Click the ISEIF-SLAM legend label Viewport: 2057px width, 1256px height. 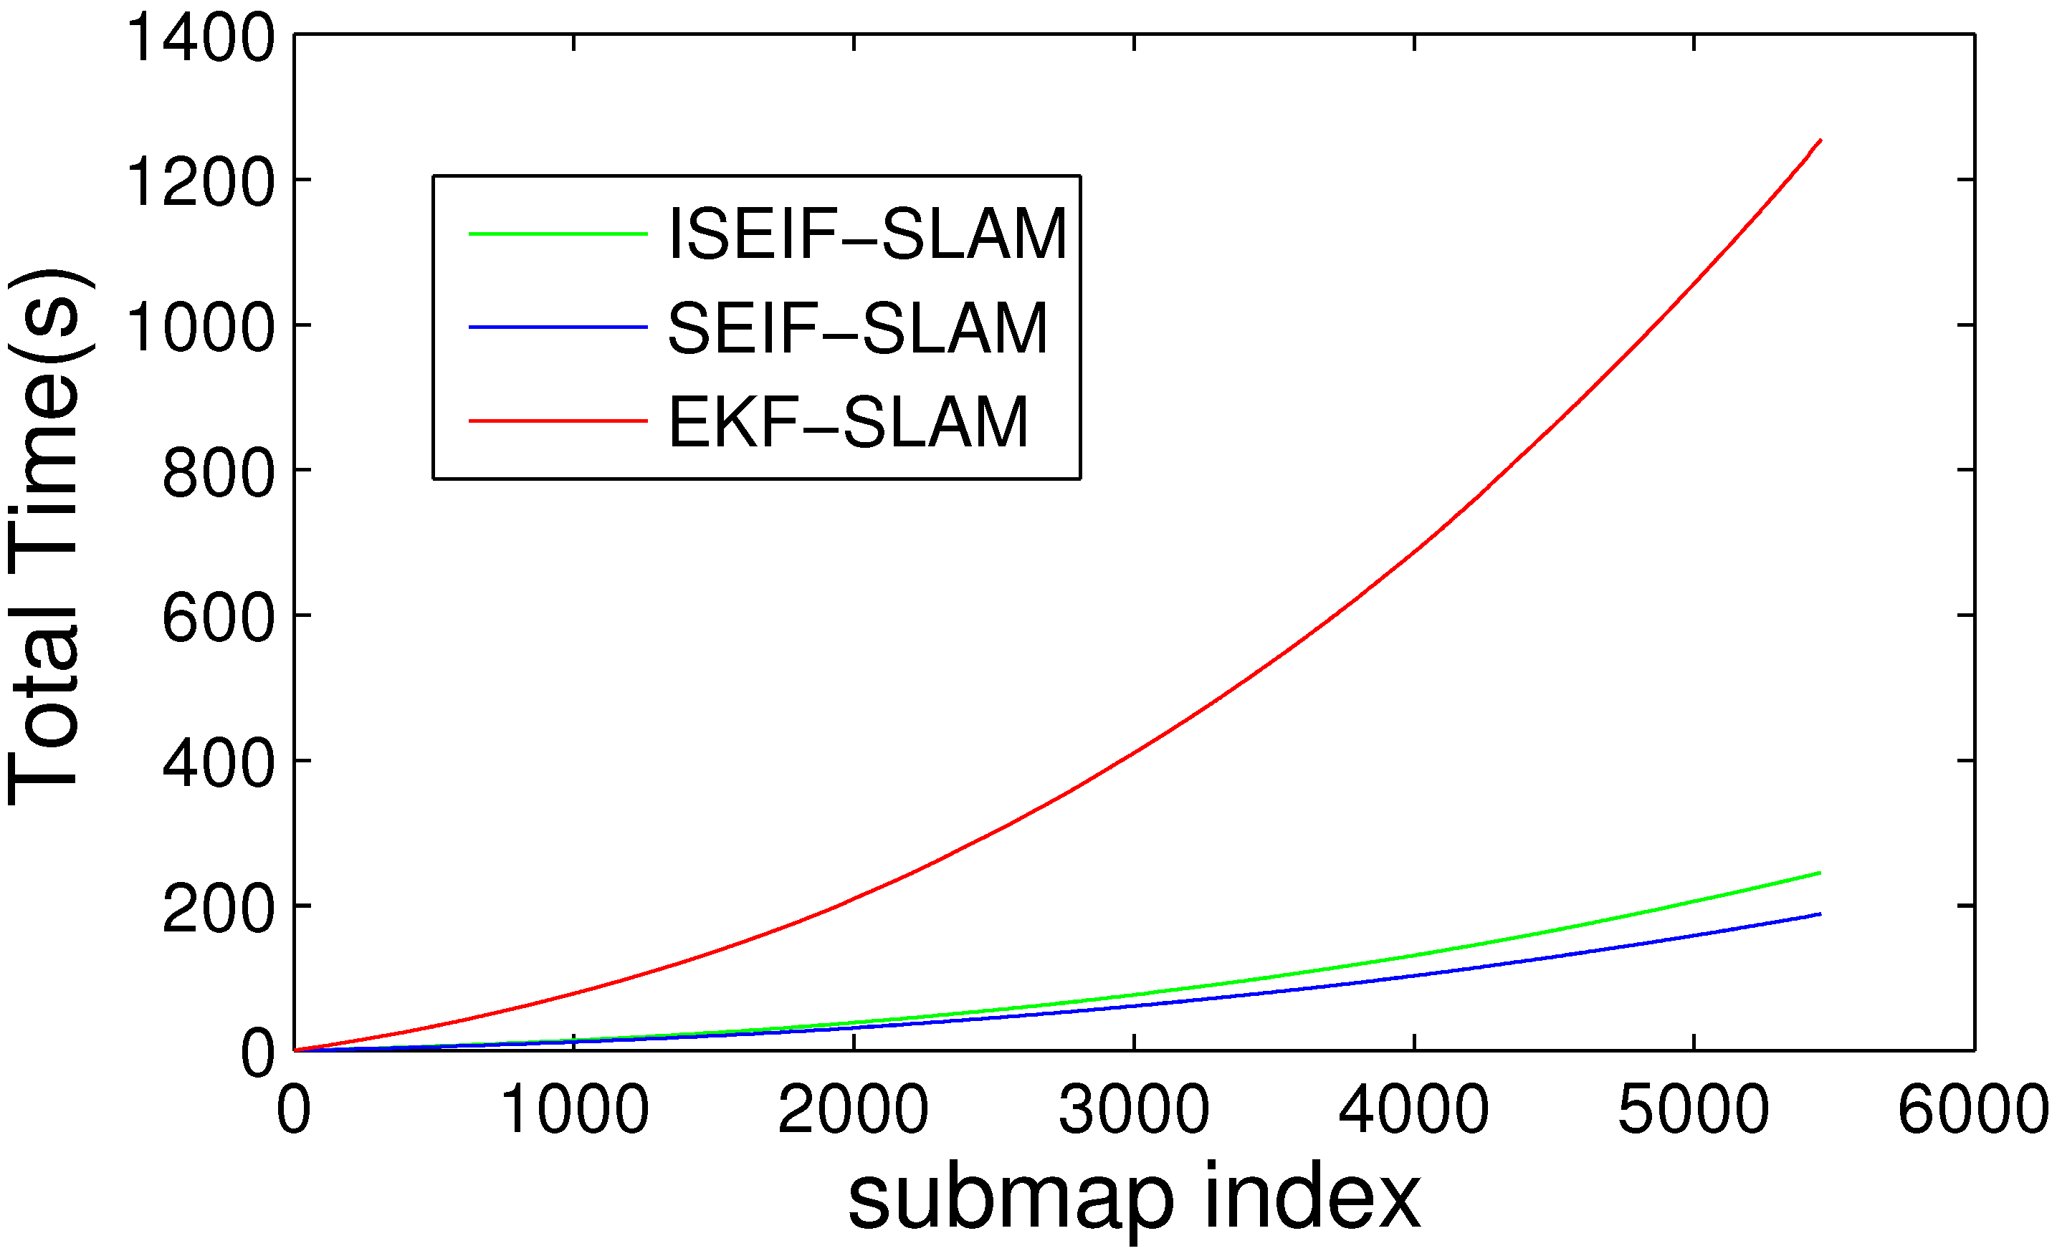point(867,234)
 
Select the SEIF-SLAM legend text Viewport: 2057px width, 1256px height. point(857,329)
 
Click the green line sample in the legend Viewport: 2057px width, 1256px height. point(558,234)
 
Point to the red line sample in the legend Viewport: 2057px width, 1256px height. point(558,421)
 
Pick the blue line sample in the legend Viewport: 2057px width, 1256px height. point(558,327)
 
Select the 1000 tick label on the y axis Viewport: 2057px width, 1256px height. point(199,327)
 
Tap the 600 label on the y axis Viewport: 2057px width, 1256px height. point(217,618)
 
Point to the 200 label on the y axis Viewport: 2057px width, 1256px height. point(217,909)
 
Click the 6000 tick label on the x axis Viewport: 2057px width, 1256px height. point(1972,1110)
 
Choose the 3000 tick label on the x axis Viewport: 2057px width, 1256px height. point(1134,1110)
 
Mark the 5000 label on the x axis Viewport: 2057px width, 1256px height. point(1693,1110)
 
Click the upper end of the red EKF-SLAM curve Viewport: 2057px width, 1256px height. point(1820,141)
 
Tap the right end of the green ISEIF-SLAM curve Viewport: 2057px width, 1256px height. point(1820,873)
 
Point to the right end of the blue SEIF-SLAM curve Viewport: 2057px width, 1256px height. point(1820,914)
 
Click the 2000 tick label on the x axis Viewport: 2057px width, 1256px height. point(853,1110)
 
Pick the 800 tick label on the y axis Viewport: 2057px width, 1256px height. point(217,473)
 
